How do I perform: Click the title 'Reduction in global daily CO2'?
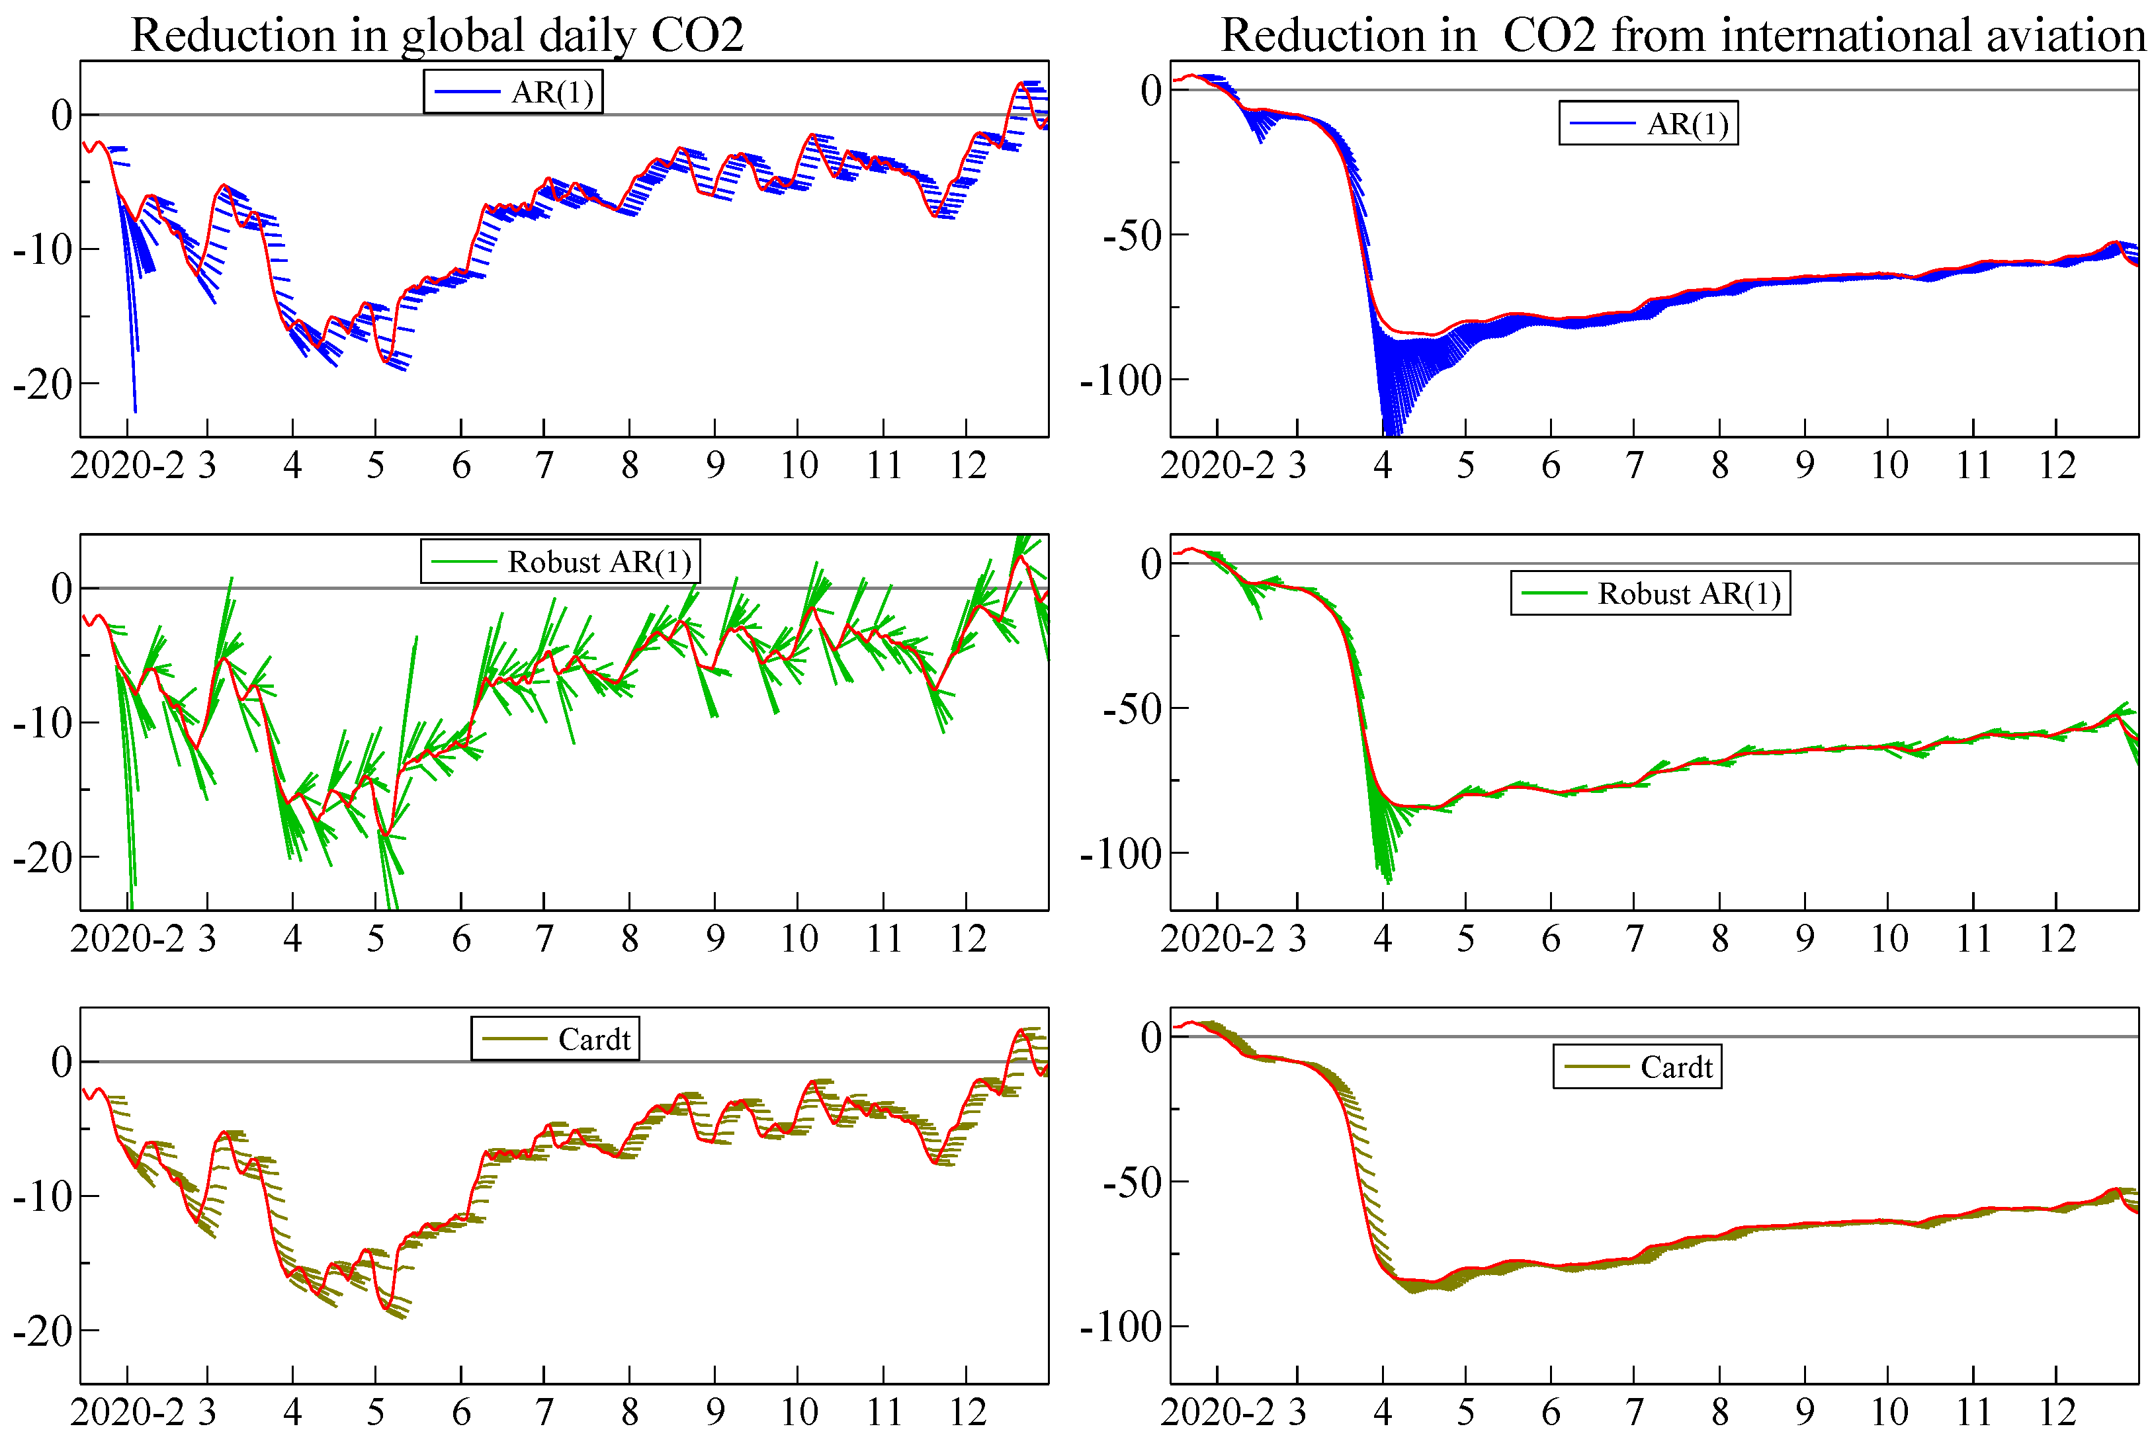[x=437, y=35]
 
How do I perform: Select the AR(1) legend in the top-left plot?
[x=513, y=91]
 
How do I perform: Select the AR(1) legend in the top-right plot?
[x=1648, y=123]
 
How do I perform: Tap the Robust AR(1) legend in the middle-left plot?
[x=560, y=561]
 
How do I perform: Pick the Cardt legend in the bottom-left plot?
[x=555, y=1039]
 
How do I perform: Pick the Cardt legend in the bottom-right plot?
[x=1637, y=1067]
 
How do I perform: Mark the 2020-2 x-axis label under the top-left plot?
[x=127, y=466]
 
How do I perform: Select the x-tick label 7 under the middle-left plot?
[x=544, y=938]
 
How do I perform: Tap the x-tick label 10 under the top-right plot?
[x=1888, y=466]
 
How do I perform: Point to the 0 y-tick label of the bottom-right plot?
[x=1150, y=1037]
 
